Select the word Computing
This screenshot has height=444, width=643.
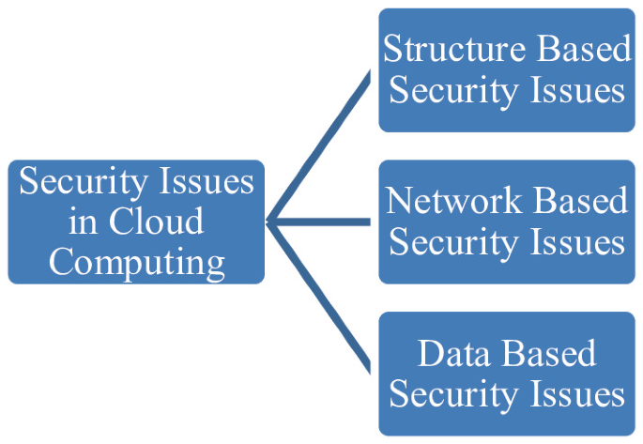(x=136, y=261)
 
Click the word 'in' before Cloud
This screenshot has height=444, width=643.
(x=83, y=222)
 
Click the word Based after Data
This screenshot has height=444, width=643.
(x=549, y=353)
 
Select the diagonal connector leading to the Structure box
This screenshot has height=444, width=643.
(x=319, y=145)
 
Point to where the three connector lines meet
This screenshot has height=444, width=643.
(x=270, y=222)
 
